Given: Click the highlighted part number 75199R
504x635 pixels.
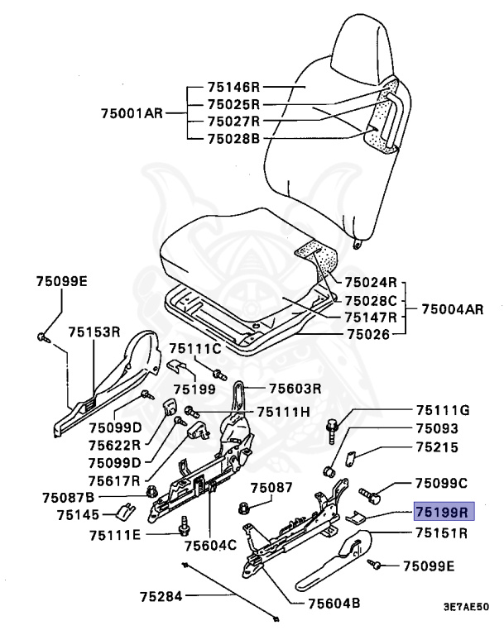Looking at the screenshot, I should point(442,512).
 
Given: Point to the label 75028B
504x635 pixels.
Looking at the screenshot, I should point(234,137).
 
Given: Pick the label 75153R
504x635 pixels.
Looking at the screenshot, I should point(94,332).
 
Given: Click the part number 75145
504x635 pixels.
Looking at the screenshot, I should point(79,514).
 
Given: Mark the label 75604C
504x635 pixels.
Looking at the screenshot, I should point(210,546).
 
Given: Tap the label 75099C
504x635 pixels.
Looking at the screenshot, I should point(442,482).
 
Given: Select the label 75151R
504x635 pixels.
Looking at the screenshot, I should point(442,532).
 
